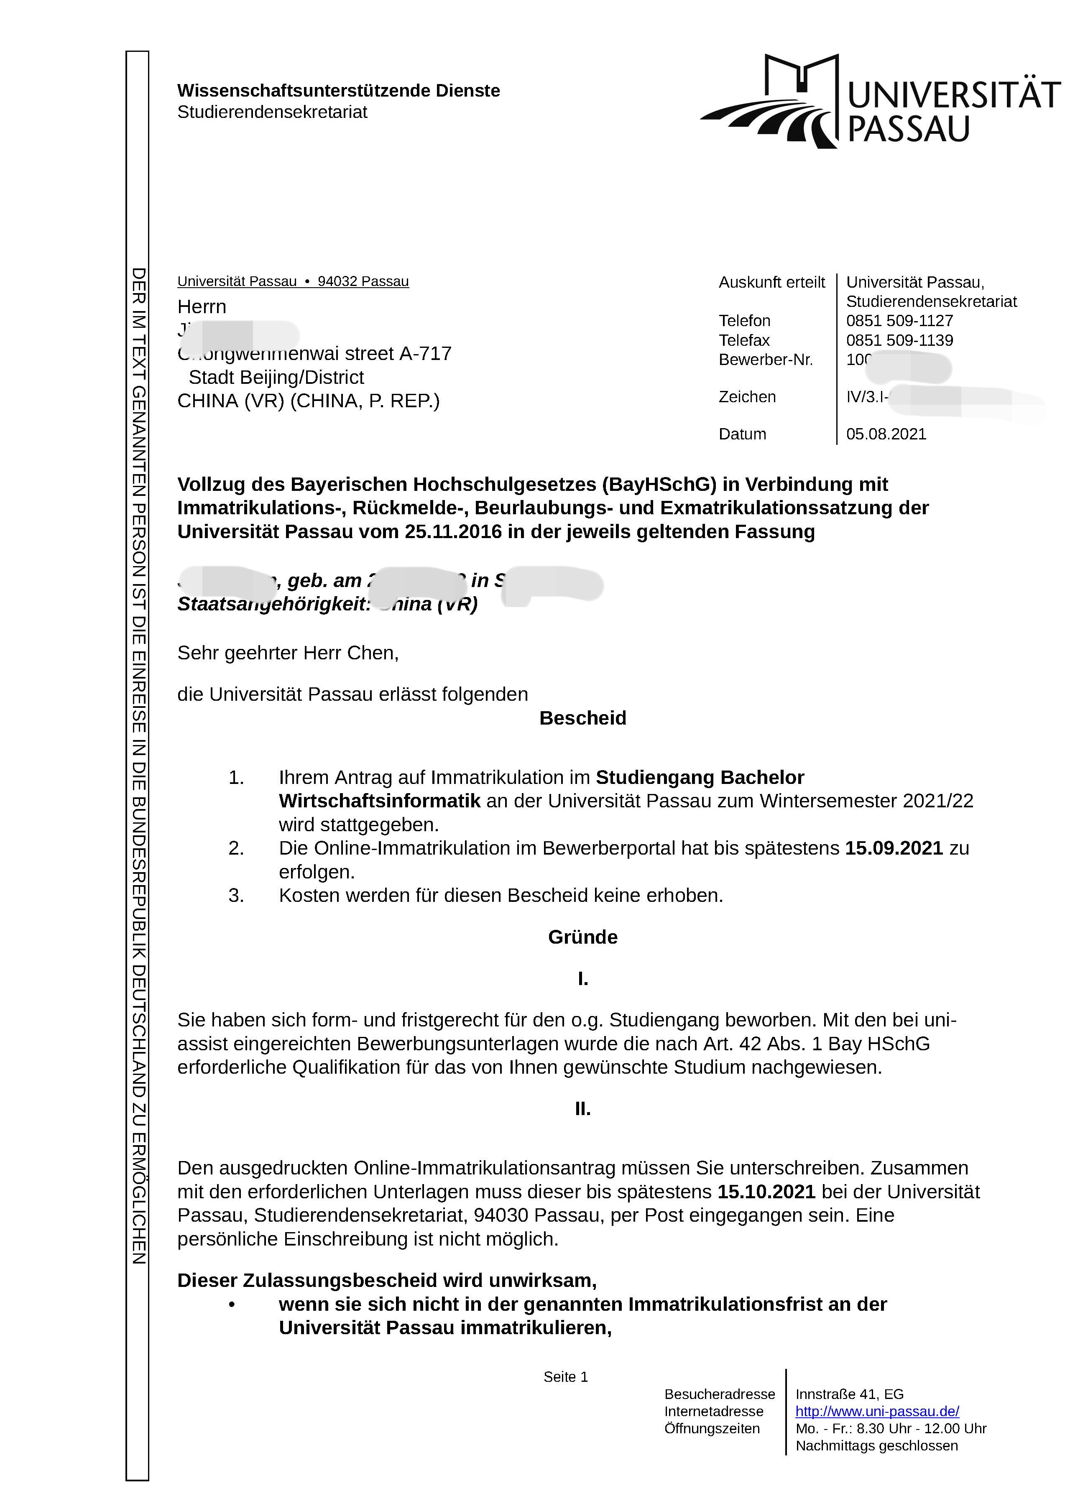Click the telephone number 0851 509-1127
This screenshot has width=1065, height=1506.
click(899, 321)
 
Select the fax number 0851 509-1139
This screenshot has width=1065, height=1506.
click(899, 340)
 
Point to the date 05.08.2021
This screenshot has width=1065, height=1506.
click(886, 434)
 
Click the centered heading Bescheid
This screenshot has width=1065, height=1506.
click(582, 718)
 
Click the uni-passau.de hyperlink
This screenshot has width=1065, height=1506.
click(877, 1411)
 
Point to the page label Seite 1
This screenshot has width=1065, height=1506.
click(565, 1377)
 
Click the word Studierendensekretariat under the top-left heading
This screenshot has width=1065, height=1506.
click(272, 112)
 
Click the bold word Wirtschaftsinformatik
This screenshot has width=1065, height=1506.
click(380, 801)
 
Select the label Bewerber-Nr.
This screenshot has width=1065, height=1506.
click(765, 360)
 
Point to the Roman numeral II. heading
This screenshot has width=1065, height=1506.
click(582, 1109)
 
